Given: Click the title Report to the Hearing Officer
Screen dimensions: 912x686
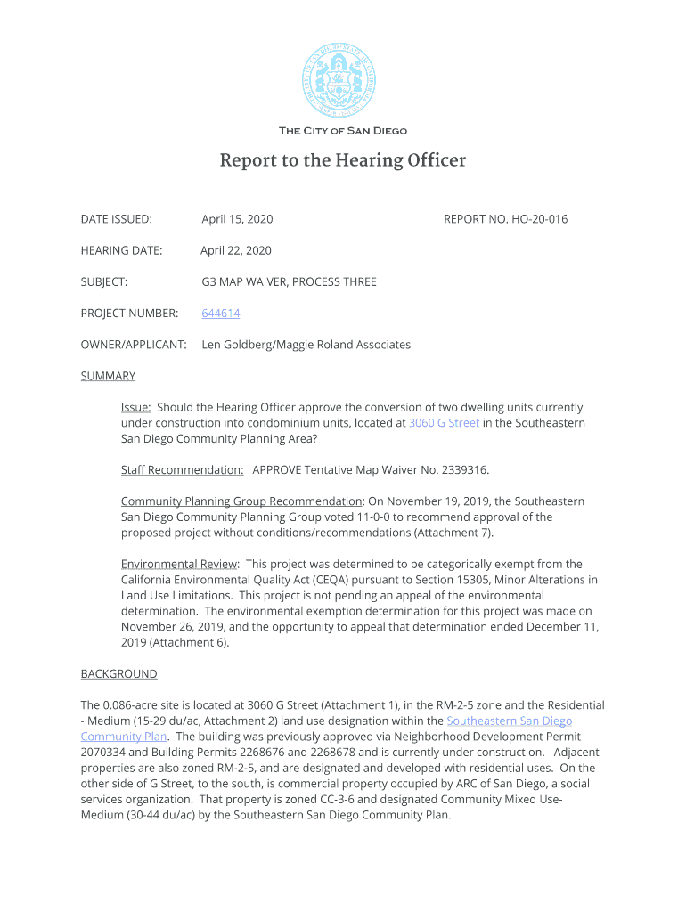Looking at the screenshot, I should coord(343,161).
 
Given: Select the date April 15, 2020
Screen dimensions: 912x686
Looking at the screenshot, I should coord(237,219).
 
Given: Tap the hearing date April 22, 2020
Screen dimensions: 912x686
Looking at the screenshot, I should coord(236,250).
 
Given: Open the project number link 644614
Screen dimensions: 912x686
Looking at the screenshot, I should coord(221,313).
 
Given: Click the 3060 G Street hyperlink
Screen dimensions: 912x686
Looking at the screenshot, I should coord(444,423).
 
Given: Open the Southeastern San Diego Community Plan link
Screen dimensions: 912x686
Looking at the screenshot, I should coord(509,721).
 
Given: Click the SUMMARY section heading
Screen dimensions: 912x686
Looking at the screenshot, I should coord(108,376).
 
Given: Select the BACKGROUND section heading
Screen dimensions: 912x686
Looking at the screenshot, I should coord(118,674).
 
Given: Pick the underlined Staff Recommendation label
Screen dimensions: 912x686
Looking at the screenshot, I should coord(182,469).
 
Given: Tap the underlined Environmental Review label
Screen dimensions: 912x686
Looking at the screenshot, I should coord(179,564).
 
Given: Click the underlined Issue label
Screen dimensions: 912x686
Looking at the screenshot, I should coord(135,407).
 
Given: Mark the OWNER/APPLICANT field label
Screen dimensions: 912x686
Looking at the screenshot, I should coord(134,345).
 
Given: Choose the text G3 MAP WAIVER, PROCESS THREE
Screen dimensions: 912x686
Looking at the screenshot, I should coord(289,282).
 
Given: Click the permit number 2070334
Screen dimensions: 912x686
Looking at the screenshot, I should coord(105,753).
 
